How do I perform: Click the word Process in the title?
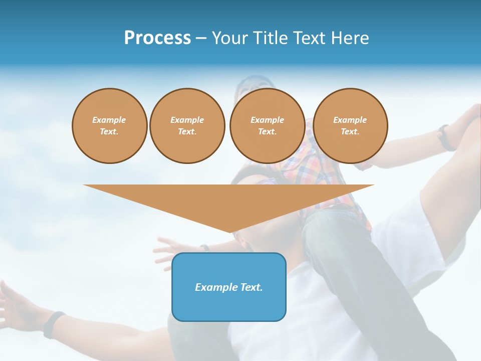point(157,38)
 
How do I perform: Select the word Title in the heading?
point(271,38)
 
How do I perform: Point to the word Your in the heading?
point(230,38)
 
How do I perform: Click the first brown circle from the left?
point(109,126)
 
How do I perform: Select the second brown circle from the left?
point(187,126)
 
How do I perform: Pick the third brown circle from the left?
point(267,126)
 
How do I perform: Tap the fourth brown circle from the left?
point(350,126)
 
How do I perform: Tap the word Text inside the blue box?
point(252,287)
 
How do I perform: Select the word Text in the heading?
point(310,38)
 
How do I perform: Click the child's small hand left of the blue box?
point(167,248)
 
